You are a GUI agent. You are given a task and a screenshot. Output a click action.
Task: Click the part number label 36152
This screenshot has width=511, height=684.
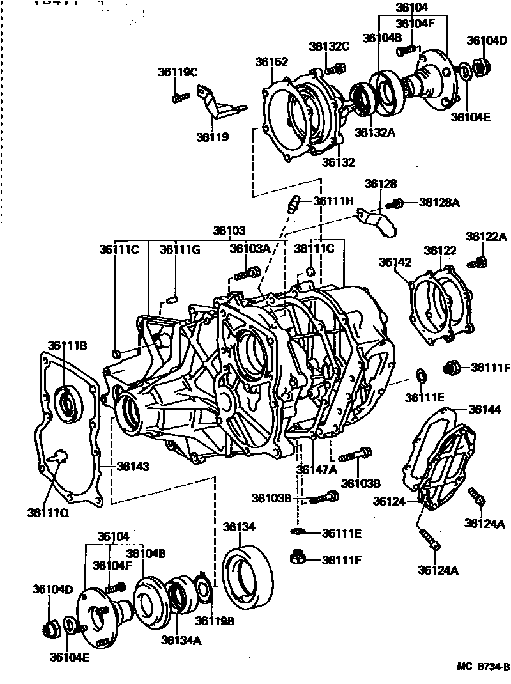click(x=271, y=62)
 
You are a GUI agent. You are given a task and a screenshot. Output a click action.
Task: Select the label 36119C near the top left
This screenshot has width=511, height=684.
click(x=178, y=72)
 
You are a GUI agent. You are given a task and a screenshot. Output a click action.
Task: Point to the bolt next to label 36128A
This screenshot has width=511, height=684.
click(x=396, y=203)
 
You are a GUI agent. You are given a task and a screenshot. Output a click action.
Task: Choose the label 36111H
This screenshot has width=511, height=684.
click(x=333, y=201)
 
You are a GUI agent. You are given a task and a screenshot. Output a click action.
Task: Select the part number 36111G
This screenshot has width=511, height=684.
click(x=179, y=249)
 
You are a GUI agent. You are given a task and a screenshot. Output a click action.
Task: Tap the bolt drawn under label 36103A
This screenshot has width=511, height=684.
click(x=245, y=274)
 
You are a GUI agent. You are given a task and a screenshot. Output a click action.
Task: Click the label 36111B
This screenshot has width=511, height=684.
click(x=67, y=346)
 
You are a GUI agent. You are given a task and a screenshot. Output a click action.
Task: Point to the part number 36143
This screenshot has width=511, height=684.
click(x=133, y=467)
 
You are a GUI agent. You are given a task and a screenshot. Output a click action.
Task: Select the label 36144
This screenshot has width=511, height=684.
click(x=485, y=409)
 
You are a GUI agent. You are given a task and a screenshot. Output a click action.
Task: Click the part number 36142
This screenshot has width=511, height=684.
click(x=395, y=262)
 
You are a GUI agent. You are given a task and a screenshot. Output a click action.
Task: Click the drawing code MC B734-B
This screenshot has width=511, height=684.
click(x=482, y=667)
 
